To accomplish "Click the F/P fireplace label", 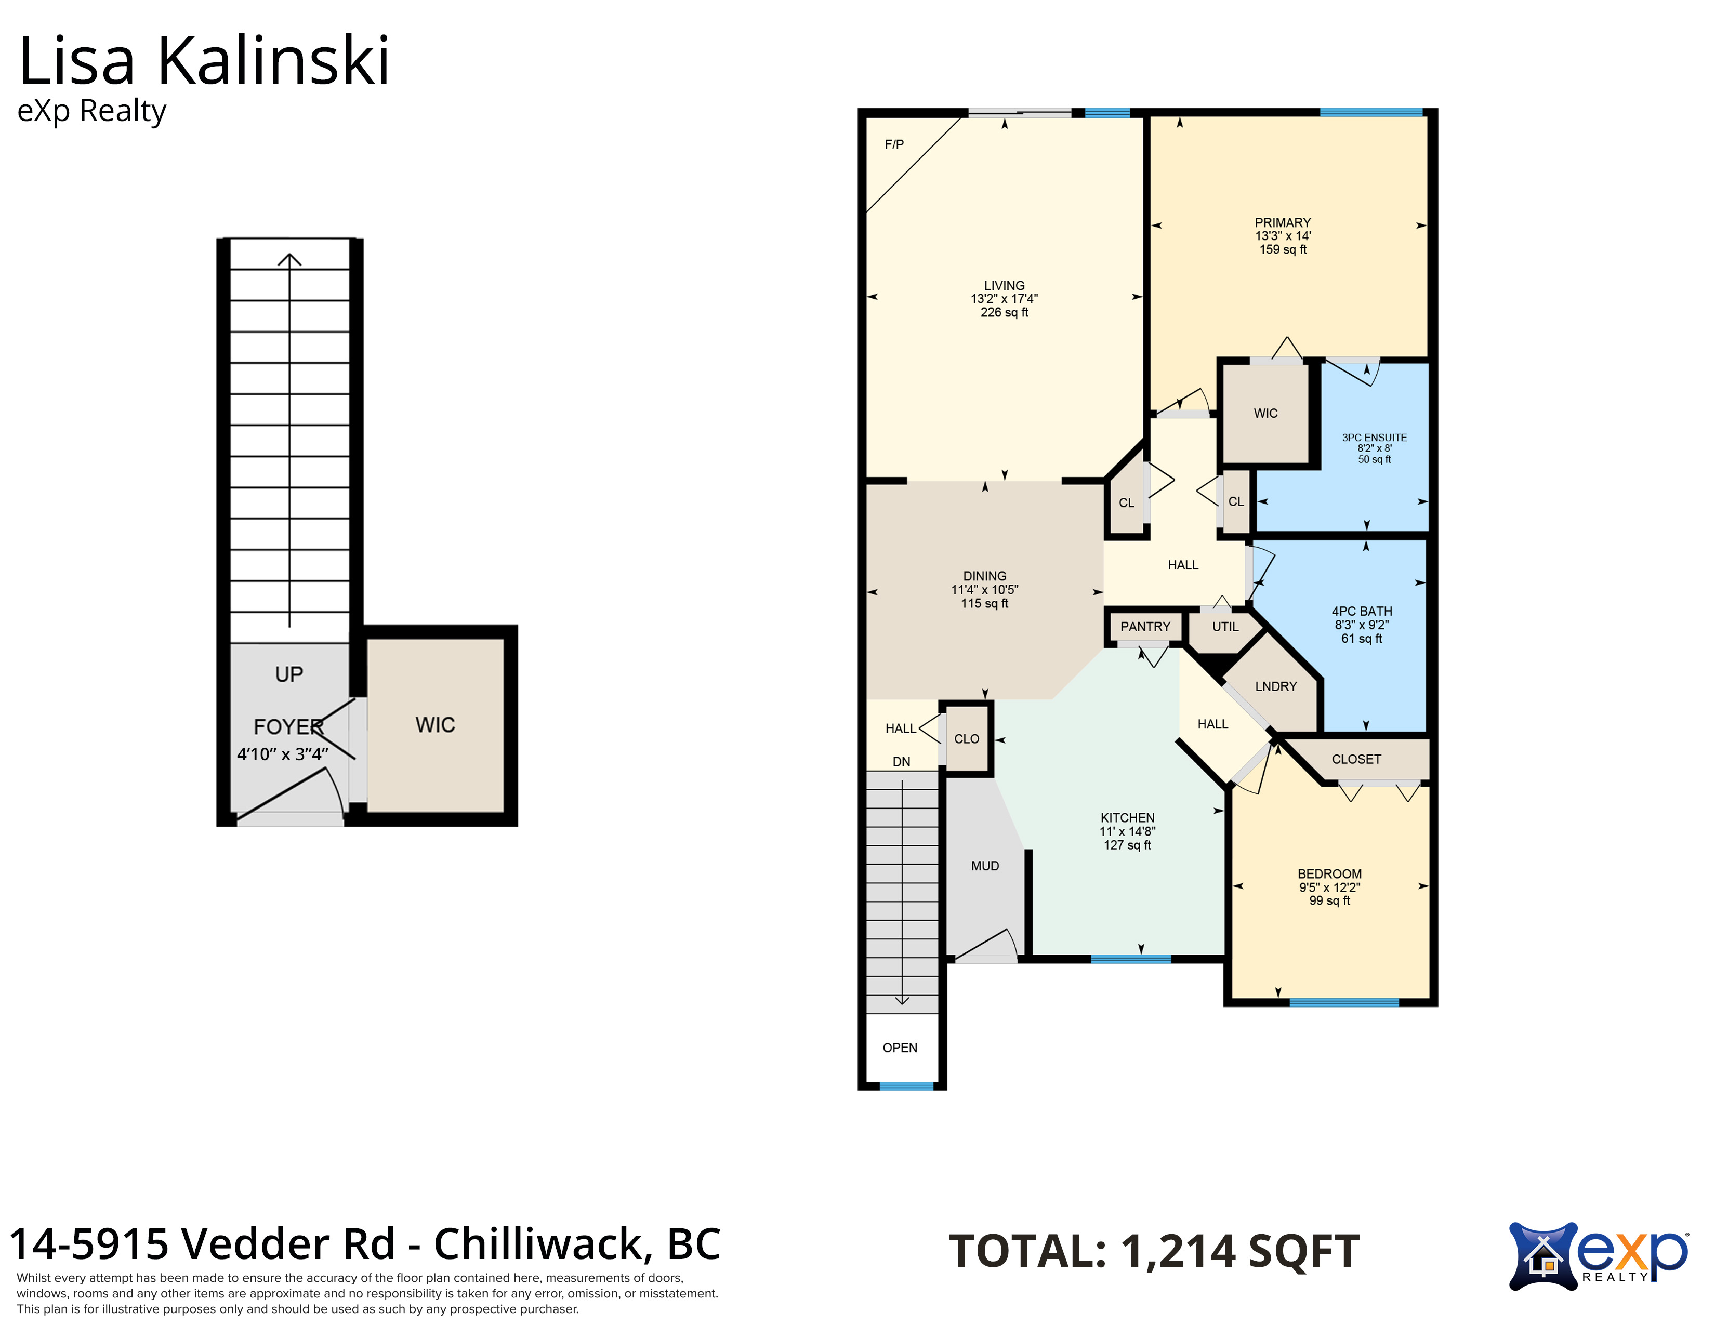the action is (894, 144).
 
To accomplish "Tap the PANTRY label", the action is (1145, 627).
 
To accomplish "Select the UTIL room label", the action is (1225, 627).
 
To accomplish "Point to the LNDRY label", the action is (1276, 686).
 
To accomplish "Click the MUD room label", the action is (985, 866).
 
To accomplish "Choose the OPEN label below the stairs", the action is (900, 1048).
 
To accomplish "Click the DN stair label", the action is (902, 761).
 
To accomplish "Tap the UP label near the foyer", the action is (289, 674).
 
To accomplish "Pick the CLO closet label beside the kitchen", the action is (967, 739).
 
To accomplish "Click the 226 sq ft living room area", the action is (1005, 312).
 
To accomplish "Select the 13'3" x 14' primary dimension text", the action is (1283, 235).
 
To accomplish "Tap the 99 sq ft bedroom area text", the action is (1329, 900).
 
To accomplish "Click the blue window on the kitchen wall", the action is (1131, 959).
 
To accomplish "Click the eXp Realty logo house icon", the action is (1543, 1257).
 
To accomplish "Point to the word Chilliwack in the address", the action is (539, 1244).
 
